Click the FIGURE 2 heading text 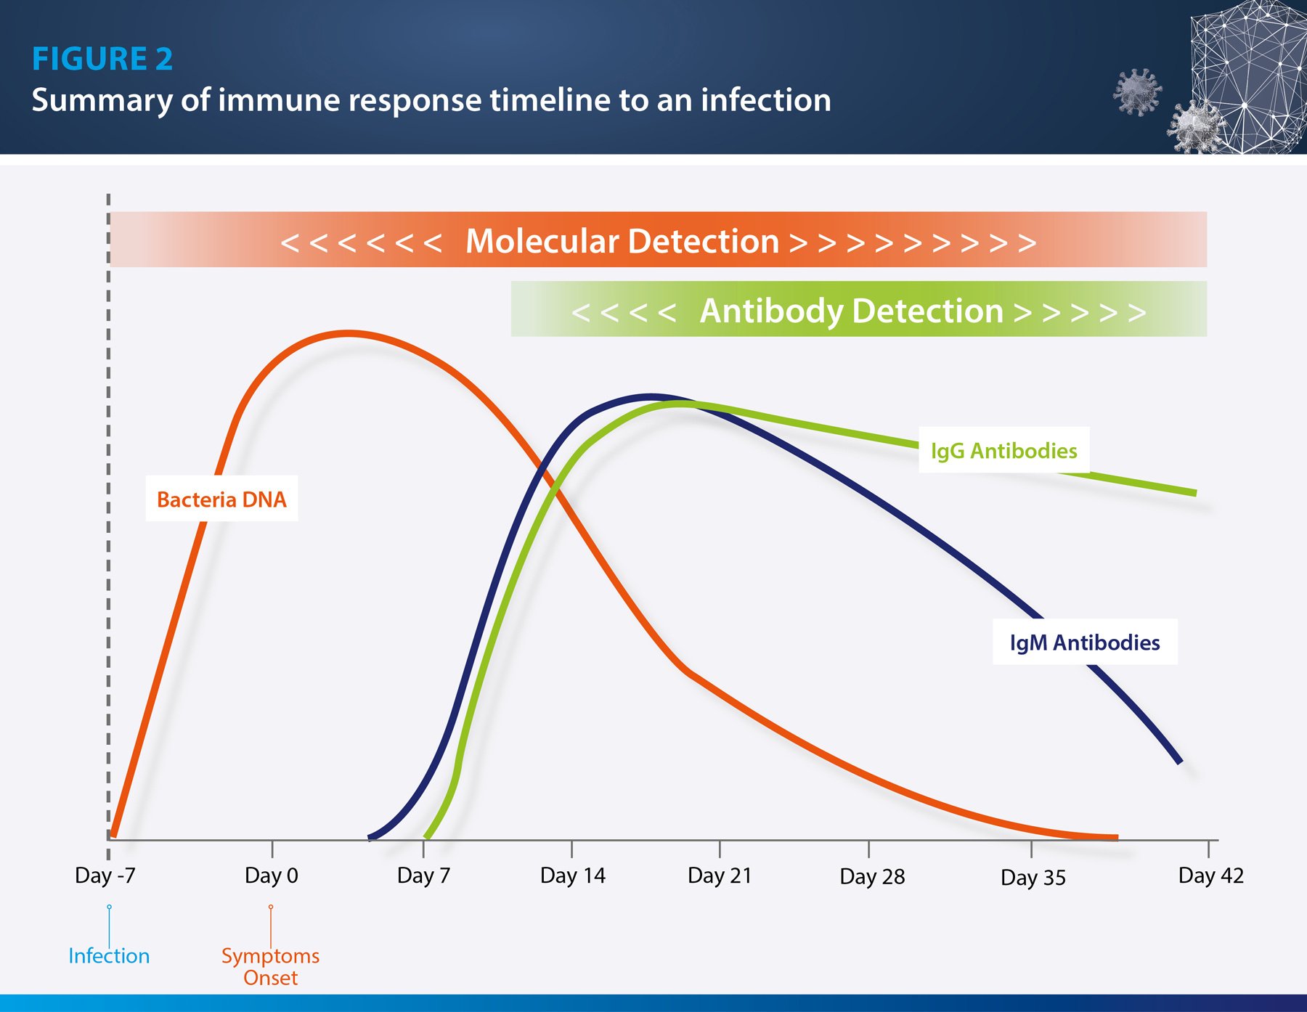[102, 59]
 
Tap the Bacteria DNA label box [221, 499]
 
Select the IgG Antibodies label [1003, 451]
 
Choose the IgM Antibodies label [1084, 642]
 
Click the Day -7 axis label [105, 876]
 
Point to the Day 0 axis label [272, 876]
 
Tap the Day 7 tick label [423, 876]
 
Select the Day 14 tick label [572, 876]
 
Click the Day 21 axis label [720, 876]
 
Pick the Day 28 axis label [872, 877]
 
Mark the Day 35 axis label [1033, 878]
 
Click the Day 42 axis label [1210, 876]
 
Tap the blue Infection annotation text [109, 956]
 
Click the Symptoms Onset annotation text [270, 966]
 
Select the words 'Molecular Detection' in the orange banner [622, 241]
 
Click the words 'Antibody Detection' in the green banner [851, 311]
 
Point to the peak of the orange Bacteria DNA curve [349, 334]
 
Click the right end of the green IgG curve [1193, 492]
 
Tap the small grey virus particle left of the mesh [1137, 91]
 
